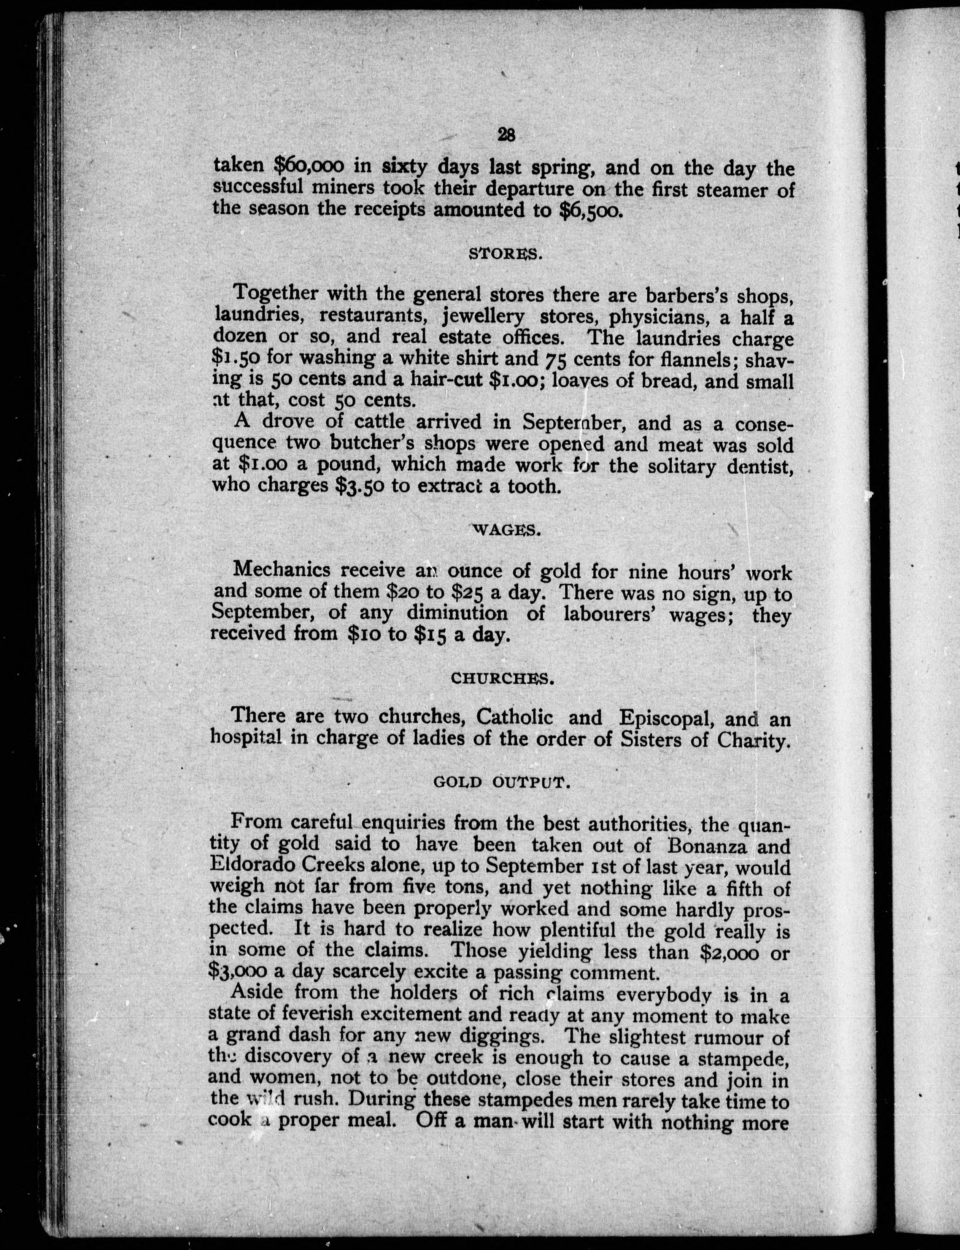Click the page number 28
tap(506, 134)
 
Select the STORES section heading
tap(505, 254)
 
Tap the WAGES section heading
tap(507, 530)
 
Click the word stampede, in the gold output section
tap(742, 1058)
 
